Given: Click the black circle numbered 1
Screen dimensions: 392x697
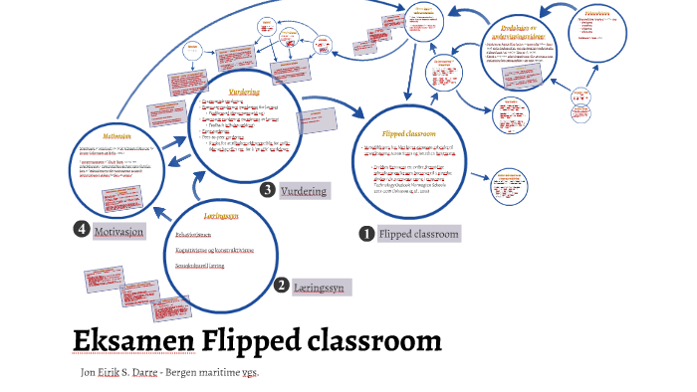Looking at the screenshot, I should pyautogui.click(x=366, y=234).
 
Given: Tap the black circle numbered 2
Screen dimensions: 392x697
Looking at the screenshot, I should pyautogui.click(x=282, y=286).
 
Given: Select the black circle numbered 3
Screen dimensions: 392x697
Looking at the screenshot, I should pyautogui.click(x=267, y=190).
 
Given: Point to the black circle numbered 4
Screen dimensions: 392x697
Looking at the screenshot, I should pyautogui.click(x=82, y=230).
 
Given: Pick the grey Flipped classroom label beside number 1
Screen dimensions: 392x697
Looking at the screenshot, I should pyautogui.click(x=419, y=235).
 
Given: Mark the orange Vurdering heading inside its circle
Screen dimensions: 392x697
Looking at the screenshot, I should pyautogui.click(x=245, y=93).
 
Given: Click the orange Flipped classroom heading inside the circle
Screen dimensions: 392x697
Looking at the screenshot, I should pyautogui.click(x=410, y=132).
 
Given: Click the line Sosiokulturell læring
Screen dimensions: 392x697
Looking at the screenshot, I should pyautogui.click(x=199, y=267).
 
